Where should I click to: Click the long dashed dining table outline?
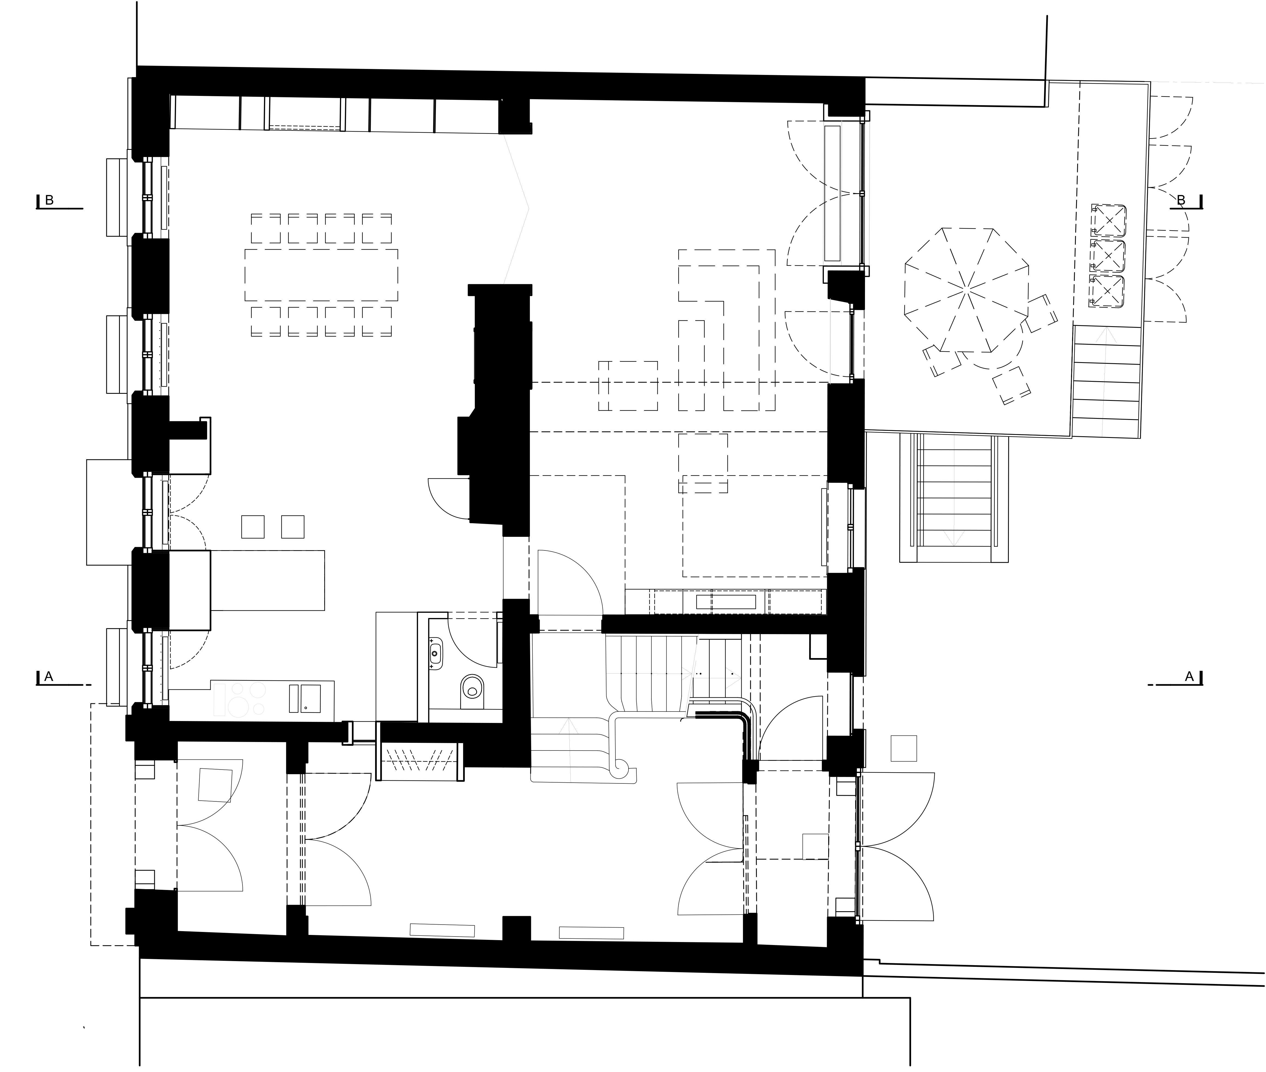tap(321, 275)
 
